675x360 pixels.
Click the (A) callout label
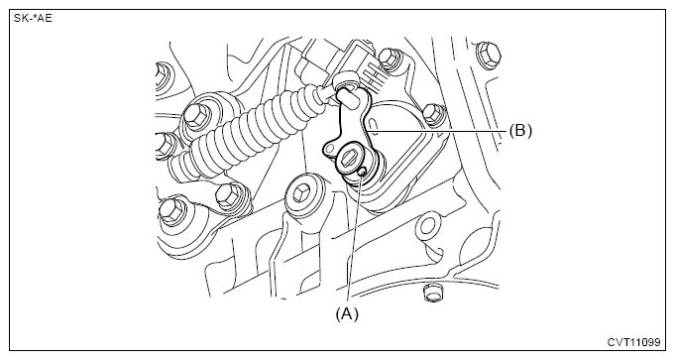pos(347,314)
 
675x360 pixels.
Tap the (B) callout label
pos(520,130)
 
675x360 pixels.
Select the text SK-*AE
pos(33,19)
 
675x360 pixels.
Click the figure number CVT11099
pos(633,342)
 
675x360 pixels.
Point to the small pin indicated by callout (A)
pos(362,172)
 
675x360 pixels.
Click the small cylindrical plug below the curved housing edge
pos(431,293)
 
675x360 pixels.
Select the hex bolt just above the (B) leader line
pos(432,114)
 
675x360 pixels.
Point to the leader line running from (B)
pos(436,130)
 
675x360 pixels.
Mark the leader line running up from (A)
pos(355,240)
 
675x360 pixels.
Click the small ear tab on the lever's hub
pos(329,150)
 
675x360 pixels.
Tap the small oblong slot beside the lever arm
pos(374,125)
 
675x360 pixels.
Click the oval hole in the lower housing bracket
pos(427,226)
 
